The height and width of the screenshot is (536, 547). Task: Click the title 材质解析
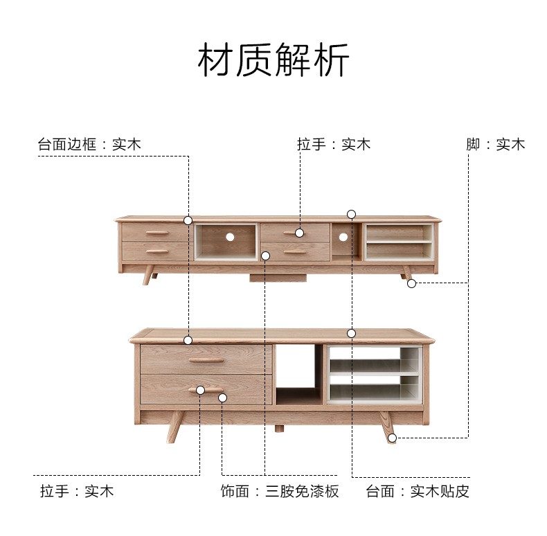[x=273, y=60]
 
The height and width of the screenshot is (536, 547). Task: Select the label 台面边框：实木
[x=89, y=144]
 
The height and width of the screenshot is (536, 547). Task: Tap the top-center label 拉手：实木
[x=334, y=144]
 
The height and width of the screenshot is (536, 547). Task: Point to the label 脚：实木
[x=496, y=144]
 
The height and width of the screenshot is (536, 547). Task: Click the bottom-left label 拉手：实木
[x=77, y=491]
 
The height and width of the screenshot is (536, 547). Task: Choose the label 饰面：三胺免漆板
[x=280, y=491]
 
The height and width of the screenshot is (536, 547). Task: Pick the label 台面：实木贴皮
[x=418, y=491]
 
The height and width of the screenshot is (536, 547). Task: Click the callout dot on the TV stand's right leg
[x=412, y=284]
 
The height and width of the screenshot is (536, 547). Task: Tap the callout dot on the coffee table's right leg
[x=393, y=438]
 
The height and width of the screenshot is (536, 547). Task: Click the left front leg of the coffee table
[x=175, y=427]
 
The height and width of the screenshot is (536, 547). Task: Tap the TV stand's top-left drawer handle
[x=157, y=233]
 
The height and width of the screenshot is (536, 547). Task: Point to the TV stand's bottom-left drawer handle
[x=157, y=251]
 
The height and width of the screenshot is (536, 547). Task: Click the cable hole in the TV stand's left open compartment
[x=230, y=237]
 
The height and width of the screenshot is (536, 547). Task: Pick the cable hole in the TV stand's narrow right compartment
[x=343, y=238]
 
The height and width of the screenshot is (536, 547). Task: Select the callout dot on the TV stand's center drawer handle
[x=299, y=233]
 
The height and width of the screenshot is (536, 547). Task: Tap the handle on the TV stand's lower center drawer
[x=295, y=251]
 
